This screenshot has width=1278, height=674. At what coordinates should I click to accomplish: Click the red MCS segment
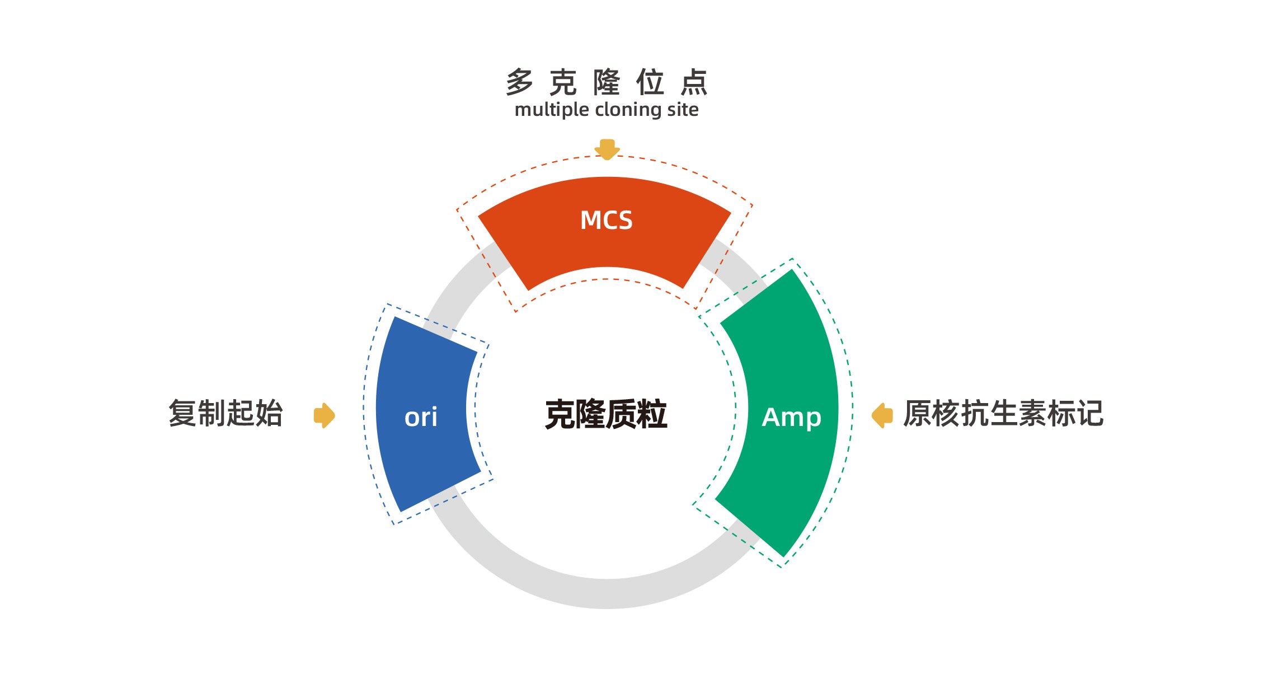pyautogui.click(x=560, y=246)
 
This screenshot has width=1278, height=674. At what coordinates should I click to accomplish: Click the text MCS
pyautogui.click(x=607, y=221)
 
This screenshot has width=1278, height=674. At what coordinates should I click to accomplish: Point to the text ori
pyautogui.click(x=421, y=418)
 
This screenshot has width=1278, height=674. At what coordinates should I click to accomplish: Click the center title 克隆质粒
pyautogui.click(x=607, y=414)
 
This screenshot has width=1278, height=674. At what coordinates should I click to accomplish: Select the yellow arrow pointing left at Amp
pyautogui.click(x=882, y=415)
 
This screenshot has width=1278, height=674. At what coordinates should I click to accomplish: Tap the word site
pyautogui.click(x=683, y=110)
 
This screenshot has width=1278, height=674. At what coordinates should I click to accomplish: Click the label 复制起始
pyautogui.click(x=226, y=414)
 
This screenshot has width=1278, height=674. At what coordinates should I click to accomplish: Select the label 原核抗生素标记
pyautogui.click(x=1003, y=414)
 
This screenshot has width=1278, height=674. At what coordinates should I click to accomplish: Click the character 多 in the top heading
pyautogui.click(x=520, y=82)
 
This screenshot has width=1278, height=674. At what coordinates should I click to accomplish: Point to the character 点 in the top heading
pyautogui.click(x=694, y=82)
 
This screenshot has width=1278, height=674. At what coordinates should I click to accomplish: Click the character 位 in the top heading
pyautogui.click(x=651, y=82)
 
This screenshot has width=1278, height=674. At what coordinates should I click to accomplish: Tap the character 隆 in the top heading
pyautogui.click(x=607, y=82)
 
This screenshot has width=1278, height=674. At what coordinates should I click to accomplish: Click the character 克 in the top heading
pyautogui.click(x=563, y=82)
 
